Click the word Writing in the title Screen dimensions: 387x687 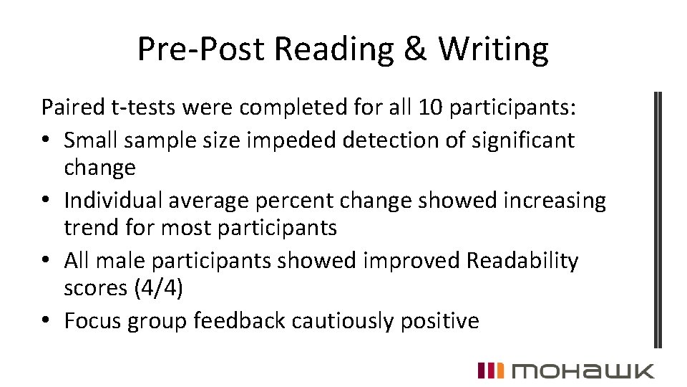click(493, 49)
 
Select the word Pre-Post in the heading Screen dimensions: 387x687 click(202, 49)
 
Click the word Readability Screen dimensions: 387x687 click(522, 261)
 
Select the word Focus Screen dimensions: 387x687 click(92, 320)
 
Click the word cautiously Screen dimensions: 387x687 click(333, 320)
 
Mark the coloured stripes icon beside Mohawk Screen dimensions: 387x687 click(491, 370)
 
